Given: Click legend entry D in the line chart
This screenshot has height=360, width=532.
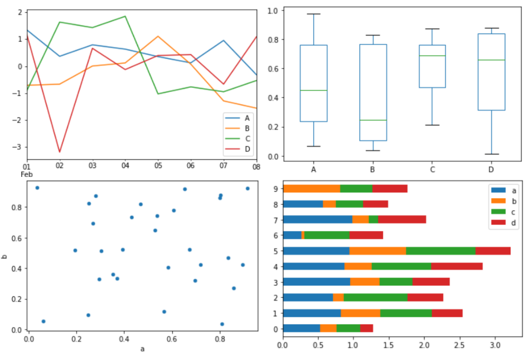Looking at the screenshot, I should click(247, 149).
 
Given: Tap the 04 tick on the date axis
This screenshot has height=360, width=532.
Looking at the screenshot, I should click(125, 166).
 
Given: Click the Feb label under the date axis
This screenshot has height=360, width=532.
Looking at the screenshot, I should click(26, 174).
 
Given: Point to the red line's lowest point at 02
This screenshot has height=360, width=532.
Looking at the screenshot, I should click(60, 152).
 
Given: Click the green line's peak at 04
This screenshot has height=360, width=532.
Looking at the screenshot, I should click(126, 16).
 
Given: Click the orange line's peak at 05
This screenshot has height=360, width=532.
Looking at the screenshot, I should click(158, 37).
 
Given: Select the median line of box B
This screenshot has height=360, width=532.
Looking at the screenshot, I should click(373, 120).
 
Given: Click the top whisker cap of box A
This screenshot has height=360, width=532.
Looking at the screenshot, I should click(314, 14).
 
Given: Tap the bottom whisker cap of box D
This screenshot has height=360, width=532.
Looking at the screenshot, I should click(491, 154).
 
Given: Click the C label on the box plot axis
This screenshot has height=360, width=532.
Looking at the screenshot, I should click(432, 169).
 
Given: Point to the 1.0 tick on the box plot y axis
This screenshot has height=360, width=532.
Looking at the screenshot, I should click(273, 10).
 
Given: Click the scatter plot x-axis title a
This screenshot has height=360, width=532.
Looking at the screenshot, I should click(143, 349).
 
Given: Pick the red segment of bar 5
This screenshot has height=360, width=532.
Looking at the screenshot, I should click(493, 251).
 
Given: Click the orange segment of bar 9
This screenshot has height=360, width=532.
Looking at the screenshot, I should click(312, 188).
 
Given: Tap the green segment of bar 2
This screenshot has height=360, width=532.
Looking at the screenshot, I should click(375, 297).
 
